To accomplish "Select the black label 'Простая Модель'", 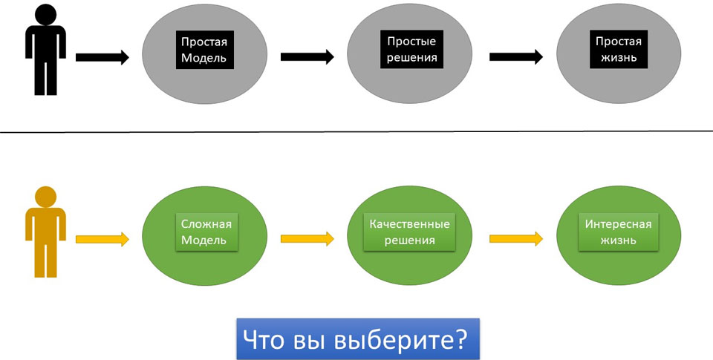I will point(203,50).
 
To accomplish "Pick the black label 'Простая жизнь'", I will point(615,49).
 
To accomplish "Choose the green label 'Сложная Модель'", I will point(204,232).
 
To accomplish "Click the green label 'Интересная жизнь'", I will point(618,232).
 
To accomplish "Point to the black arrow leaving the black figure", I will point(102,57).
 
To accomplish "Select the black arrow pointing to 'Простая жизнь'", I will point(515,56).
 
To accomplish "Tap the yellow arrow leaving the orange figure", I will point(102,239).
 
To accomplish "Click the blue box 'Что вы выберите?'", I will point(357,338).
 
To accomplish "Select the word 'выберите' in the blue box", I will point(400,338).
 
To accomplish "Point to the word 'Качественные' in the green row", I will point(410,224).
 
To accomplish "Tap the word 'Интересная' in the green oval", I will point(618,224).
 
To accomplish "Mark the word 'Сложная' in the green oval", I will point(204,224).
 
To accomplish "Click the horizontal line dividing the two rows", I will point(356,132).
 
